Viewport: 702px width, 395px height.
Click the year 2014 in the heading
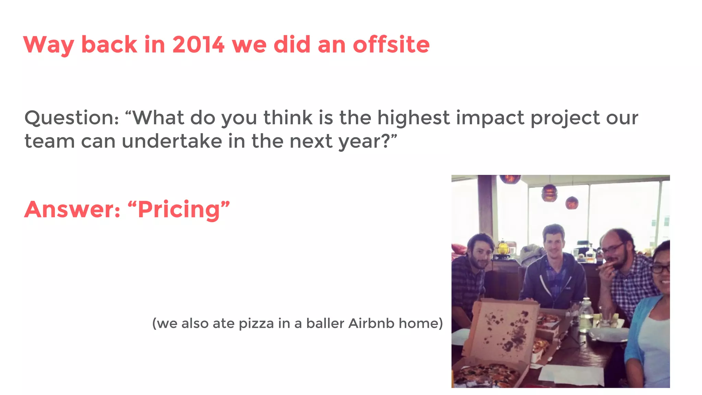[198, 45]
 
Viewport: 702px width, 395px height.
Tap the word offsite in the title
[391, 45]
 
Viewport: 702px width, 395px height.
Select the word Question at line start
[71, 118]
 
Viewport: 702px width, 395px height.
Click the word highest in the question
[413, 118]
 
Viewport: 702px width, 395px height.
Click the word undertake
[172, 141]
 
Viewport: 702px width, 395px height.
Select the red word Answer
[72, 210]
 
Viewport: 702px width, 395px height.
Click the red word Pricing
[178, 210]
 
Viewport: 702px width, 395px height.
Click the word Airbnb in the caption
[371, 323]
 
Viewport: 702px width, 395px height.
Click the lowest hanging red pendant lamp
[572, 203]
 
